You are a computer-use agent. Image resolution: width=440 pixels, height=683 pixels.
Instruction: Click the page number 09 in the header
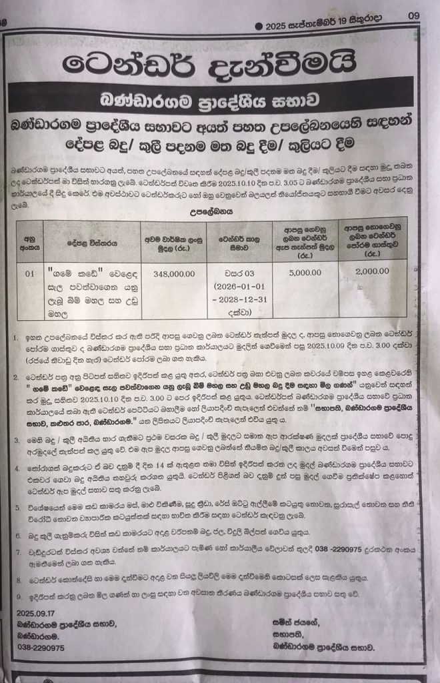click(414, 17)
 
